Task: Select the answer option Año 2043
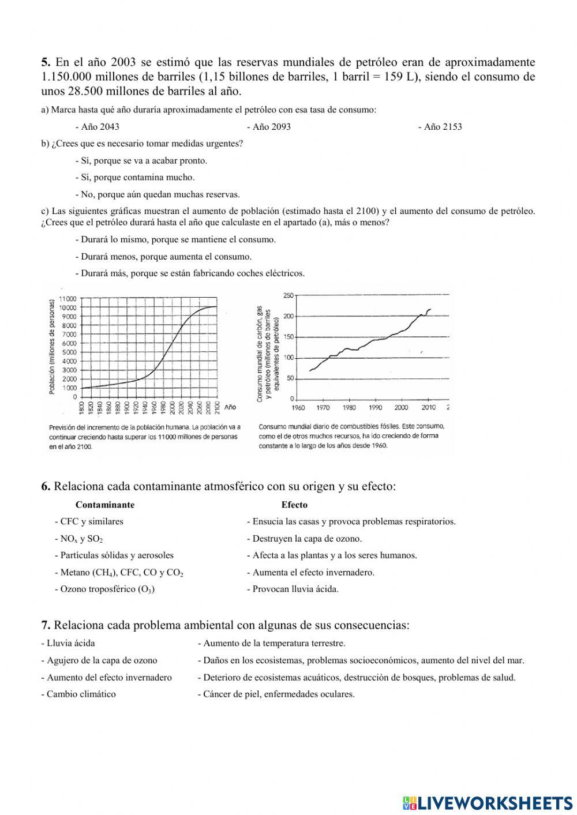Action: click(98, 127)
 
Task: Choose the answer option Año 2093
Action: click(269, 127)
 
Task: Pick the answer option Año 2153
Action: click(440, 127)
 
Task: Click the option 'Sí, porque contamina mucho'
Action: click(135, 178)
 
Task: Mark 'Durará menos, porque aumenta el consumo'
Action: click(163, 257)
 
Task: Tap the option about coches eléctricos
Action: click(190, 273)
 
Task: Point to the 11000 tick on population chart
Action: click(68, 299)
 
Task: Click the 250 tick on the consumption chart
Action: click(288, 295)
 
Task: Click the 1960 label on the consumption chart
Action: click(298, 408)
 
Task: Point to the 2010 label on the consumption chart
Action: click(428, 408)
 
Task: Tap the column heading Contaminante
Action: click(105, 505)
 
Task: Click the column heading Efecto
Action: click(294, 505)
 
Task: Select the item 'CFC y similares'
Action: click(89, 521)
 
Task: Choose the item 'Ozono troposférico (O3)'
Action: click(105, 589)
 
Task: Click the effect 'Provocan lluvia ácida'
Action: click(293, 589)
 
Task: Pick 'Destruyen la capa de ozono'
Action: click(305, 539)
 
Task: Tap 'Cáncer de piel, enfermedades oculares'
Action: click(276, 694)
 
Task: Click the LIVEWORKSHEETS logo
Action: click(488, 803)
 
